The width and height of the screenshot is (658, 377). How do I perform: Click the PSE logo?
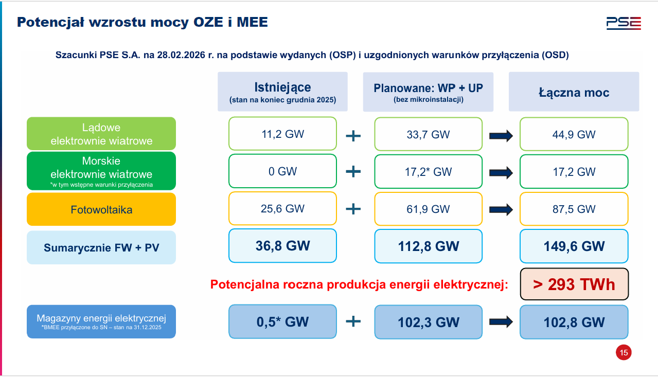[623, 23]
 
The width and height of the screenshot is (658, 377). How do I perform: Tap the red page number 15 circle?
[624, 353]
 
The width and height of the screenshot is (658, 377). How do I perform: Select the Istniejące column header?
[282, 92]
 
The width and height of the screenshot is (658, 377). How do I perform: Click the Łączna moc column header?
[574, 92]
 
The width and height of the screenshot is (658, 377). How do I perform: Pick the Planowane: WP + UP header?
[428, 92]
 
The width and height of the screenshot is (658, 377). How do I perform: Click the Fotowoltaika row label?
[101, 209]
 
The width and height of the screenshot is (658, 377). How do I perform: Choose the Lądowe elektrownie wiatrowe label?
[101, 134]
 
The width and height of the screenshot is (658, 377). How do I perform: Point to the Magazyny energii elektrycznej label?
[101, 321]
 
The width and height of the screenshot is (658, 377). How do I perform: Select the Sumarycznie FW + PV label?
[101, 247]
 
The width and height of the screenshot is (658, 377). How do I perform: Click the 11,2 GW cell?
[282, 134]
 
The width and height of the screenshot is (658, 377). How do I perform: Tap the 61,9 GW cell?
[428, 209]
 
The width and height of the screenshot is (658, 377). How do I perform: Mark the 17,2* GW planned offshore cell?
[428, 171]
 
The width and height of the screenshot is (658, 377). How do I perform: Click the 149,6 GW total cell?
[574, 246]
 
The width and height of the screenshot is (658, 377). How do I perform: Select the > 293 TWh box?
[574, 284]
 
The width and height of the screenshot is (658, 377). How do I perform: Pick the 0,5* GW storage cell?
[282, 322]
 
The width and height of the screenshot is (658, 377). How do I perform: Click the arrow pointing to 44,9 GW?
[501, 136]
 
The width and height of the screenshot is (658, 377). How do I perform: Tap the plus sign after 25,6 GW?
[353, 209]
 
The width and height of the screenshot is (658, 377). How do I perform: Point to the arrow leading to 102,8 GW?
[501, 322]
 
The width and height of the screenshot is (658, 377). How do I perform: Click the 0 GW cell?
[282, 171]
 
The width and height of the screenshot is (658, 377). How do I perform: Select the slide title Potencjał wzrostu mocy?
[143, 22]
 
